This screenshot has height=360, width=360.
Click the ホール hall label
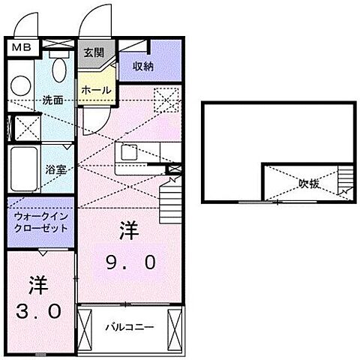point(97,90)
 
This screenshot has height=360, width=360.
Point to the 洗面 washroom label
point(52,100)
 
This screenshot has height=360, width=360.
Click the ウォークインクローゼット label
point(40,221)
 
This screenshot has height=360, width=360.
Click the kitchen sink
point(128,154)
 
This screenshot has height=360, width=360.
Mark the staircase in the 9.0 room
point(170,200)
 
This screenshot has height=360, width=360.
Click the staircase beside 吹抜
point(346,181)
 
